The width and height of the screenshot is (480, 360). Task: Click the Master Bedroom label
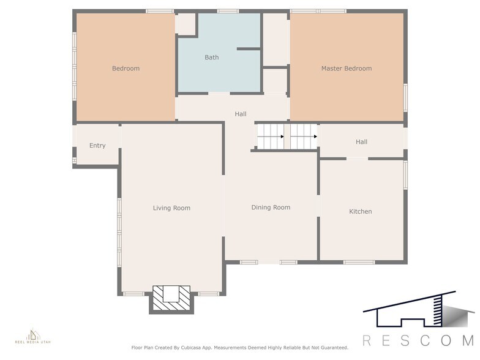347,69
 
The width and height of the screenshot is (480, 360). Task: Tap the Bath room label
212,58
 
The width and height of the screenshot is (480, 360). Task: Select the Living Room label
171,208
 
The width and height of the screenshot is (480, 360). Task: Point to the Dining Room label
271,208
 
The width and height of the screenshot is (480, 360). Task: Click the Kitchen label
360,212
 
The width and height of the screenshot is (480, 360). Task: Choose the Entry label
97,146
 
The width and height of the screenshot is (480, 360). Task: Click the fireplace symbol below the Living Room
171,298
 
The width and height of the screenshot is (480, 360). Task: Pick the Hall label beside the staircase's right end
361,142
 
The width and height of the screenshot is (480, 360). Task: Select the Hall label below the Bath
241,114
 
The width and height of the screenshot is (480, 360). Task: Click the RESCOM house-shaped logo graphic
416,309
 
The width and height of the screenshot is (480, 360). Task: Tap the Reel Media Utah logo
33,337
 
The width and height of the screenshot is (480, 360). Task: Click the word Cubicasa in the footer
193,348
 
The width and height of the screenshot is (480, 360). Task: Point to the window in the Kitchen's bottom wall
359,262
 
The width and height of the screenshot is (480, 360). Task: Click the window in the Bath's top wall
228,11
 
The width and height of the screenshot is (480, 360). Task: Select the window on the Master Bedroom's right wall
405,97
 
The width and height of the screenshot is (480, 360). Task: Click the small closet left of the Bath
186,24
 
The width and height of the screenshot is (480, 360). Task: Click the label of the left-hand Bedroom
126,69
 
